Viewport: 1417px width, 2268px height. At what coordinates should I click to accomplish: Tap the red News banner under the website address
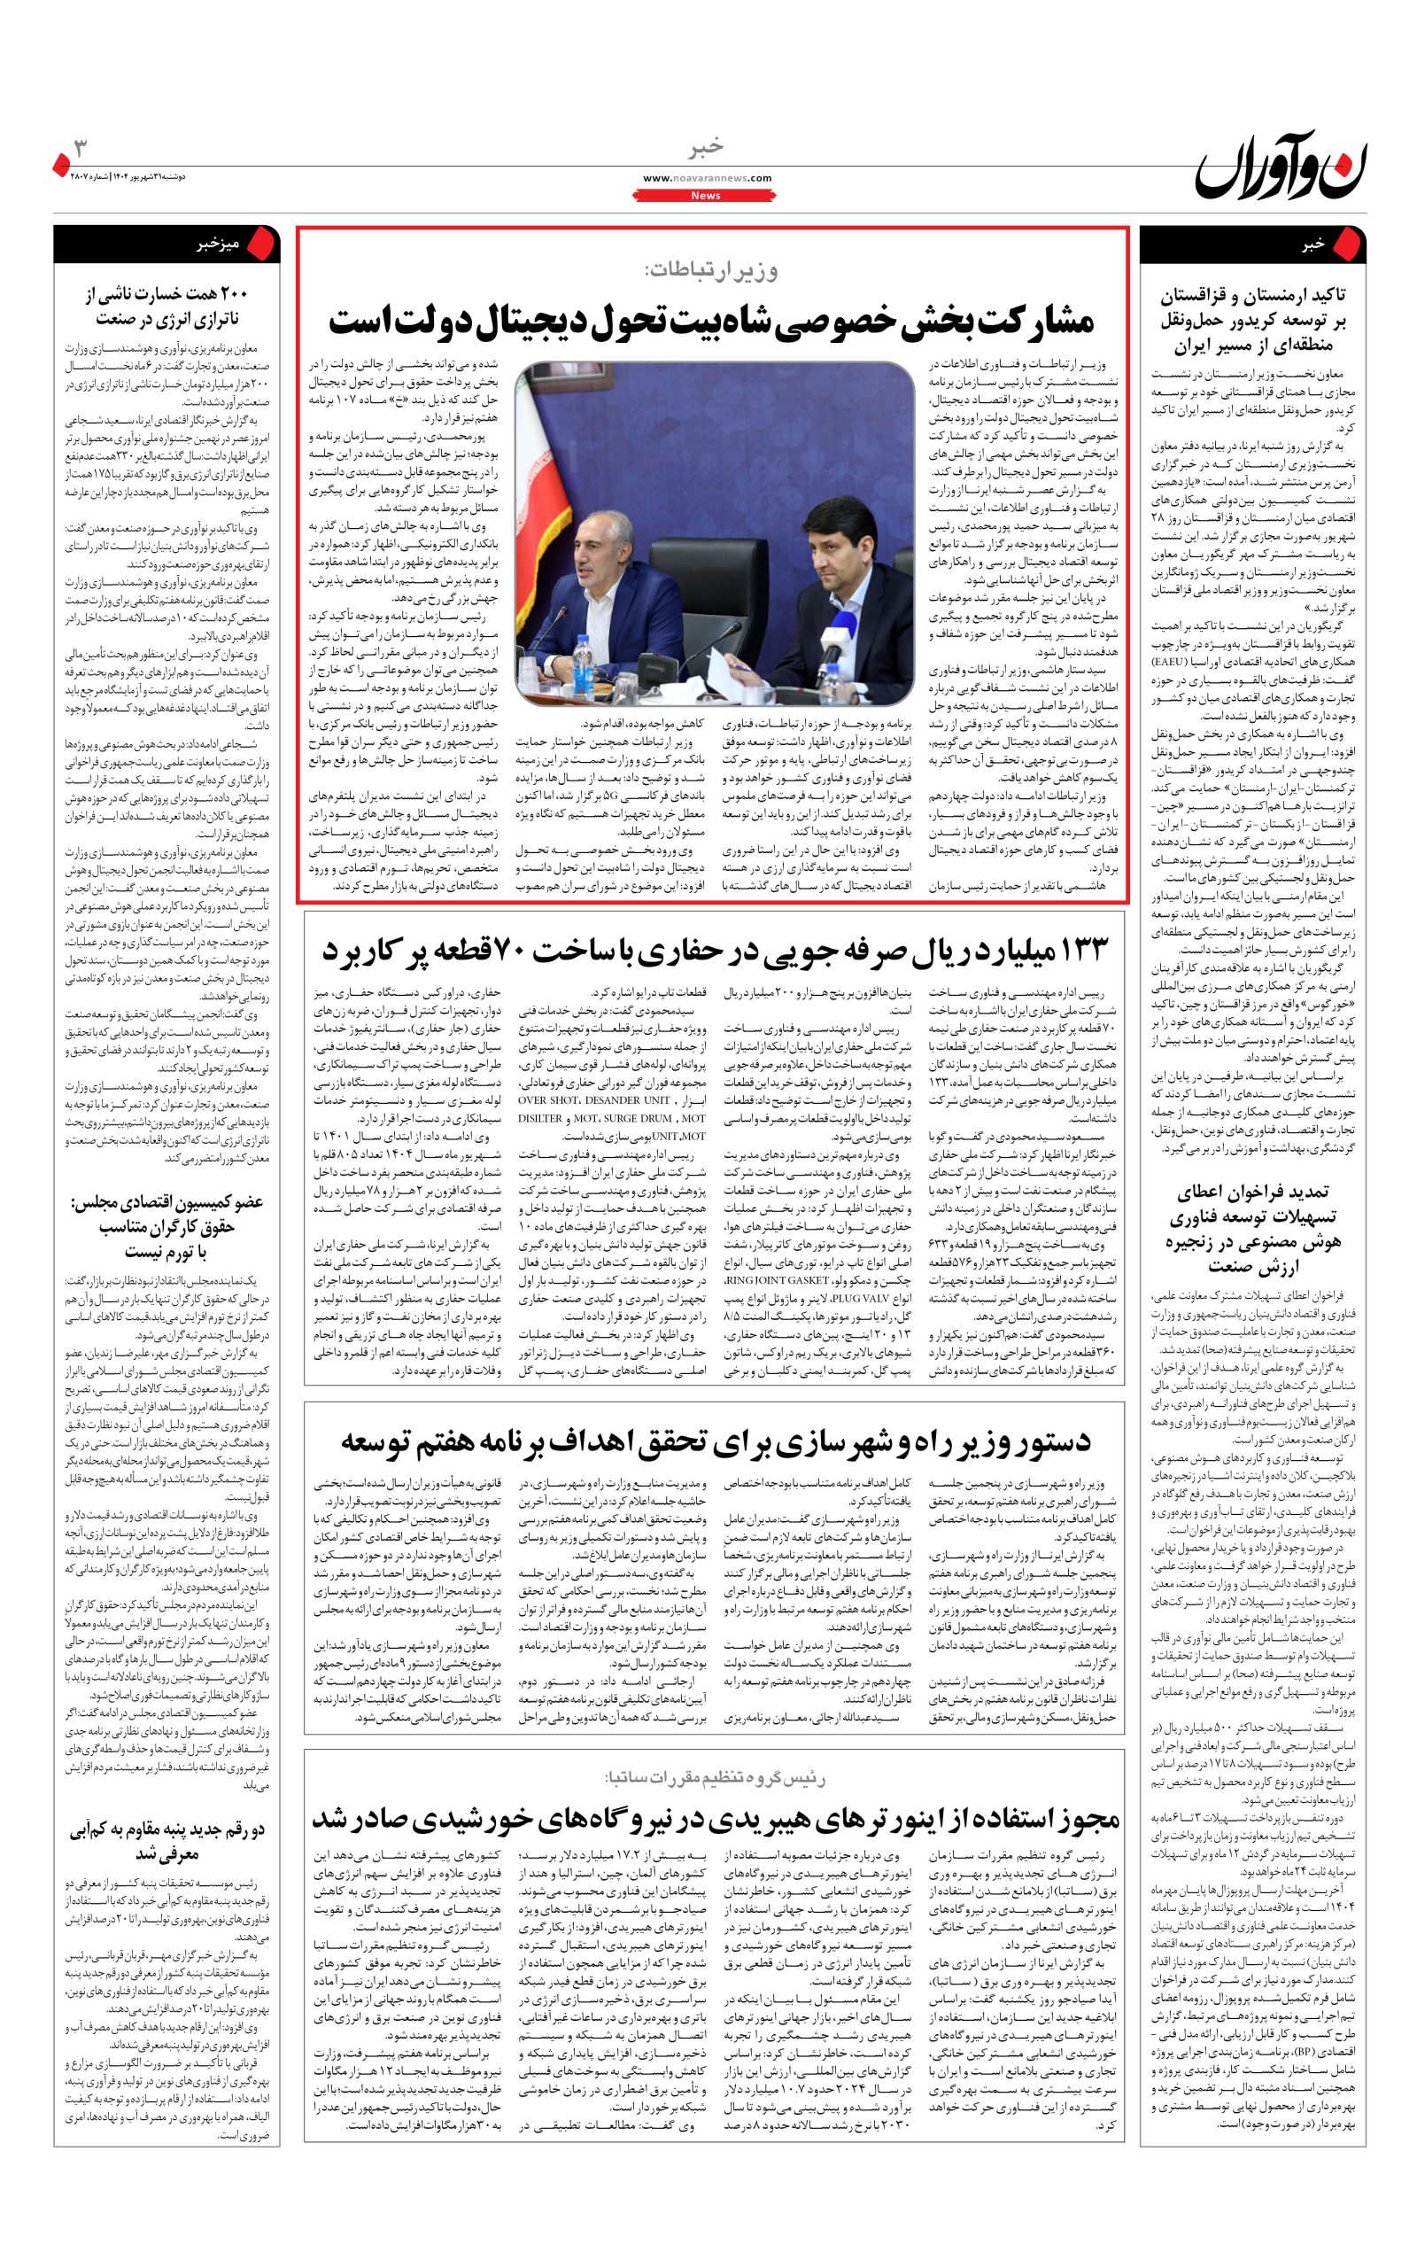[706, 195]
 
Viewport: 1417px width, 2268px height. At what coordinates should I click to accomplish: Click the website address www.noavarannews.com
[708, 178]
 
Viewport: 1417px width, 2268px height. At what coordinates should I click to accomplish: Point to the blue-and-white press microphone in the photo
[831, 647]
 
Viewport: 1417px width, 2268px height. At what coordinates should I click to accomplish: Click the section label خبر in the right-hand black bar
[1312, 245]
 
